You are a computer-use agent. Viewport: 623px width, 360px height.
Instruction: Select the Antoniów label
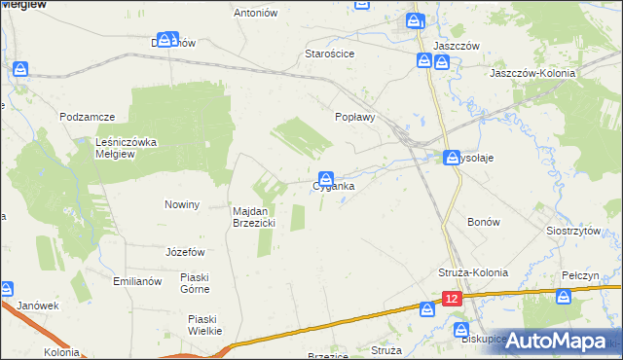pyautogui.click(x=257, y=13)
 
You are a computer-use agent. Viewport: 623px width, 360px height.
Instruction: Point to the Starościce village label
pyautogui.click(x=329, y=54)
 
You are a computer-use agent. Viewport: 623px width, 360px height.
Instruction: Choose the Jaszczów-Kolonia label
pyautogui.click(x=533, y=73)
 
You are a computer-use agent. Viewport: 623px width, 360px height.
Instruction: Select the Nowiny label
pyautogui.click(x=182, y=204)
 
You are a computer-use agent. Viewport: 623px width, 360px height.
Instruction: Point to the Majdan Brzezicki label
pyautogui.click(x=255, y=217)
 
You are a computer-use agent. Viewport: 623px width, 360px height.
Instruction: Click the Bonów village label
pyautogui.click(x=484, y=222)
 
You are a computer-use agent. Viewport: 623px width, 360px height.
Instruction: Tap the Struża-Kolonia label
pyautogui.click(x=470, y=272)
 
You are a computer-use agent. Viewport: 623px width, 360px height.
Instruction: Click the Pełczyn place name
pyautogui.click(x=579, y=276)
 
